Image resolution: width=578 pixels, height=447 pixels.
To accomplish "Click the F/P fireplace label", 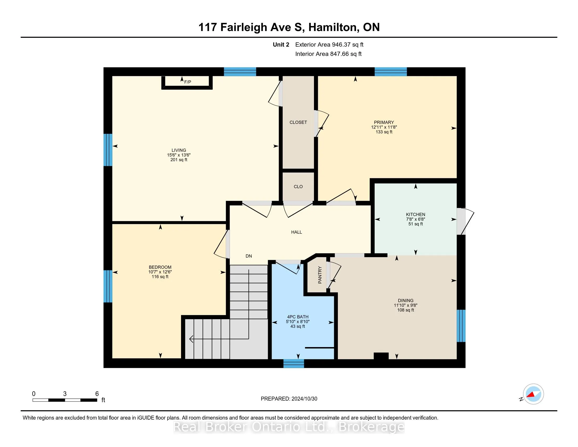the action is (188, 82).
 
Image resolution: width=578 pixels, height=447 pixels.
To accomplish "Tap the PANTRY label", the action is (320, 275).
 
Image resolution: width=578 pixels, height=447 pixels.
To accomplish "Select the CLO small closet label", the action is (298, 187).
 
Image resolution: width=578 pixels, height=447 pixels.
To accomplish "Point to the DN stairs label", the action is (249, 256).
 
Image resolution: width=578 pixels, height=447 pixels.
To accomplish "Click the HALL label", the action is (296, 232).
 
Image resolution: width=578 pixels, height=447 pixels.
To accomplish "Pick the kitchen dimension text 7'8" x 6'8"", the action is (416, 219).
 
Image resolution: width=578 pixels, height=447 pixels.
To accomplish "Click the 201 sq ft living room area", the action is (179, 160).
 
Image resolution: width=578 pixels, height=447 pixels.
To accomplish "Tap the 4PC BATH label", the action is (298, 317).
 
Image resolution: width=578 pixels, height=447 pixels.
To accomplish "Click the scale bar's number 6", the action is (97, 394).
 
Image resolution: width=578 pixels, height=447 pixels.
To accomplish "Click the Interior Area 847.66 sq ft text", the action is (328, 54).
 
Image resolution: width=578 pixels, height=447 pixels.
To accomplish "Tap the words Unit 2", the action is (281, 45).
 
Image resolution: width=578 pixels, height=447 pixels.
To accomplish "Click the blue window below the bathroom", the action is (294, 363).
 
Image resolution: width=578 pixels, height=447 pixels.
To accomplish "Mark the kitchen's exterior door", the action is (465, 221).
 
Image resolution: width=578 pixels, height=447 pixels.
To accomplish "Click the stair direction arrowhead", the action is (191, 339).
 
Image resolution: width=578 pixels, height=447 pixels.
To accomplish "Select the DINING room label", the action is (405, 301).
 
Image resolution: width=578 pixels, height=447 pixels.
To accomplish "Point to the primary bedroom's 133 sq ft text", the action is (384, 132).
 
